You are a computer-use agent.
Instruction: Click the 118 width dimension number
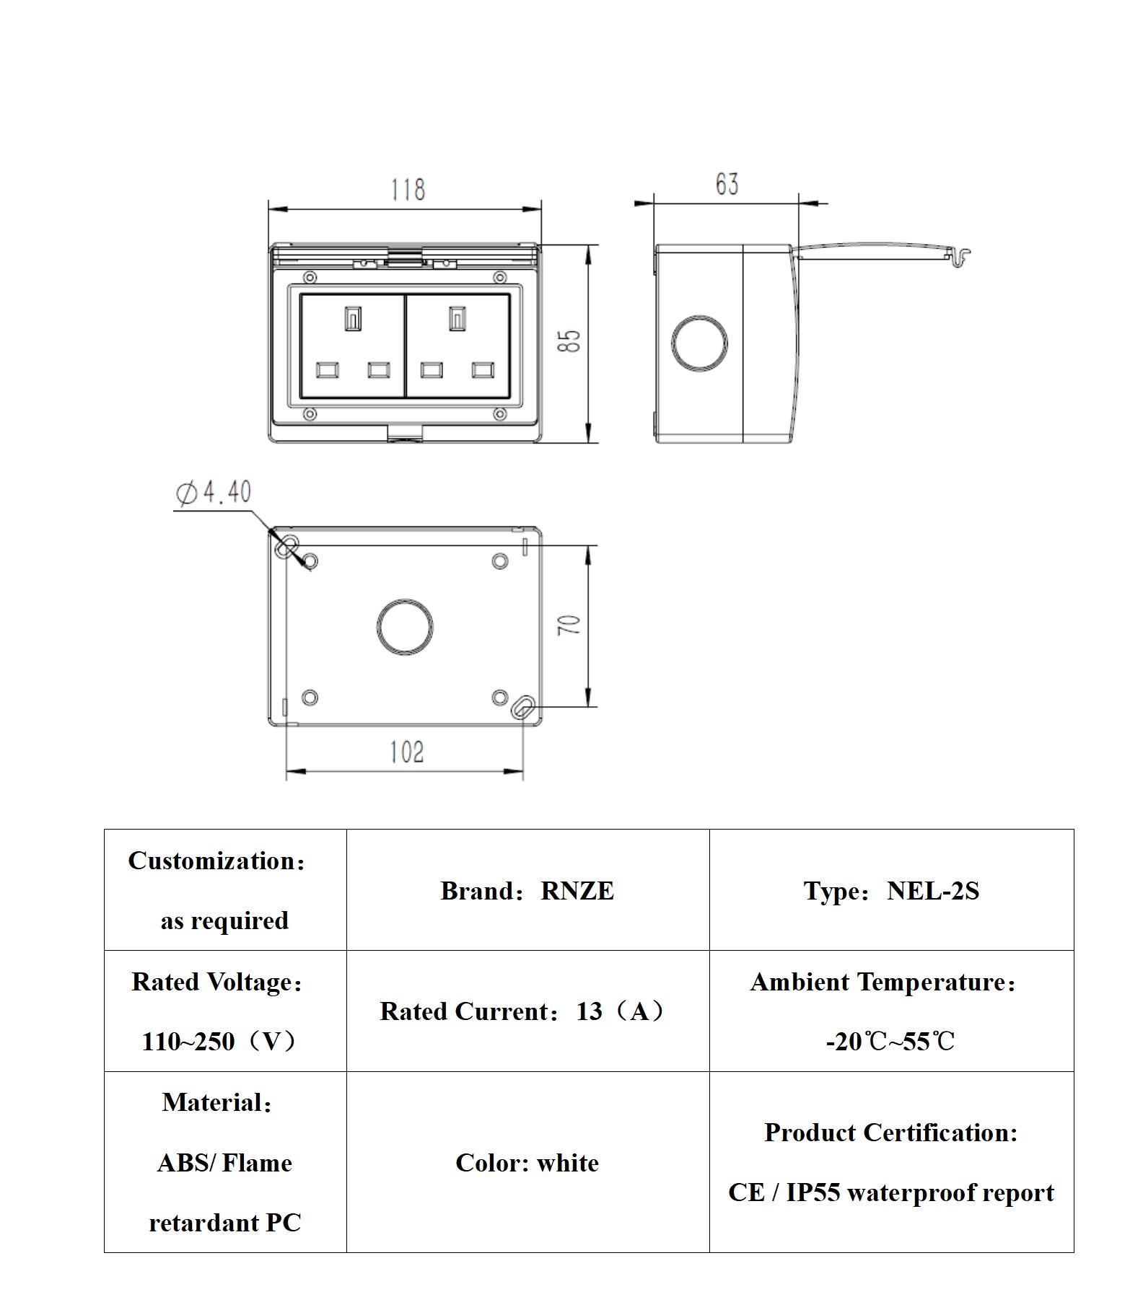[x=408, y=190]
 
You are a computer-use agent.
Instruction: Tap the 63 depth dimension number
[x=727, y=184]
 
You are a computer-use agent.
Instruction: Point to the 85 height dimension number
[x=569, y=340]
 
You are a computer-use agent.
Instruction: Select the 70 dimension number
[x=569, y=625]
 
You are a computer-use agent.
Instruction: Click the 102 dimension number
[x=406, y=752]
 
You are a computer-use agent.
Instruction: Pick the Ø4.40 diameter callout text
[x=214, y=493]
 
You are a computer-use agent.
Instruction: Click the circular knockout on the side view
[x=699, y=343]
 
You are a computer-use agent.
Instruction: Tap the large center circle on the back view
[x=405, y=627]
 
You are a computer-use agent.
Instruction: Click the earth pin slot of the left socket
[x=352, y=319]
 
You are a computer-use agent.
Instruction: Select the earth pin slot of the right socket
[x=457, y=319]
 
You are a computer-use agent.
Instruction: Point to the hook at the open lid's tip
[x=961, y=255]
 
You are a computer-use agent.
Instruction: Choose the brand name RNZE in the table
[x=577, y=891]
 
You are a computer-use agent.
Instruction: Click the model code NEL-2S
[x=932, y=891]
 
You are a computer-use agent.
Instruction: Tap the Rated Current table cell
[x=527, y=1011]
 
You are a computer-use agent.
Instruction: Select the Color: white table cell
[x=527, y=1163]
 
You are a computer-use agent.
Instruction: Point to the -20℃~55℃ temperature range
[x=890, y=1042]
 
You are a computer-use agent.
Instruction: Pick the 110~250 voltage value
[x=188, y=1042]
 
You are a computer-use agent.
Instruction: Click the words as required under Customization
[x=224, y=921]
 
